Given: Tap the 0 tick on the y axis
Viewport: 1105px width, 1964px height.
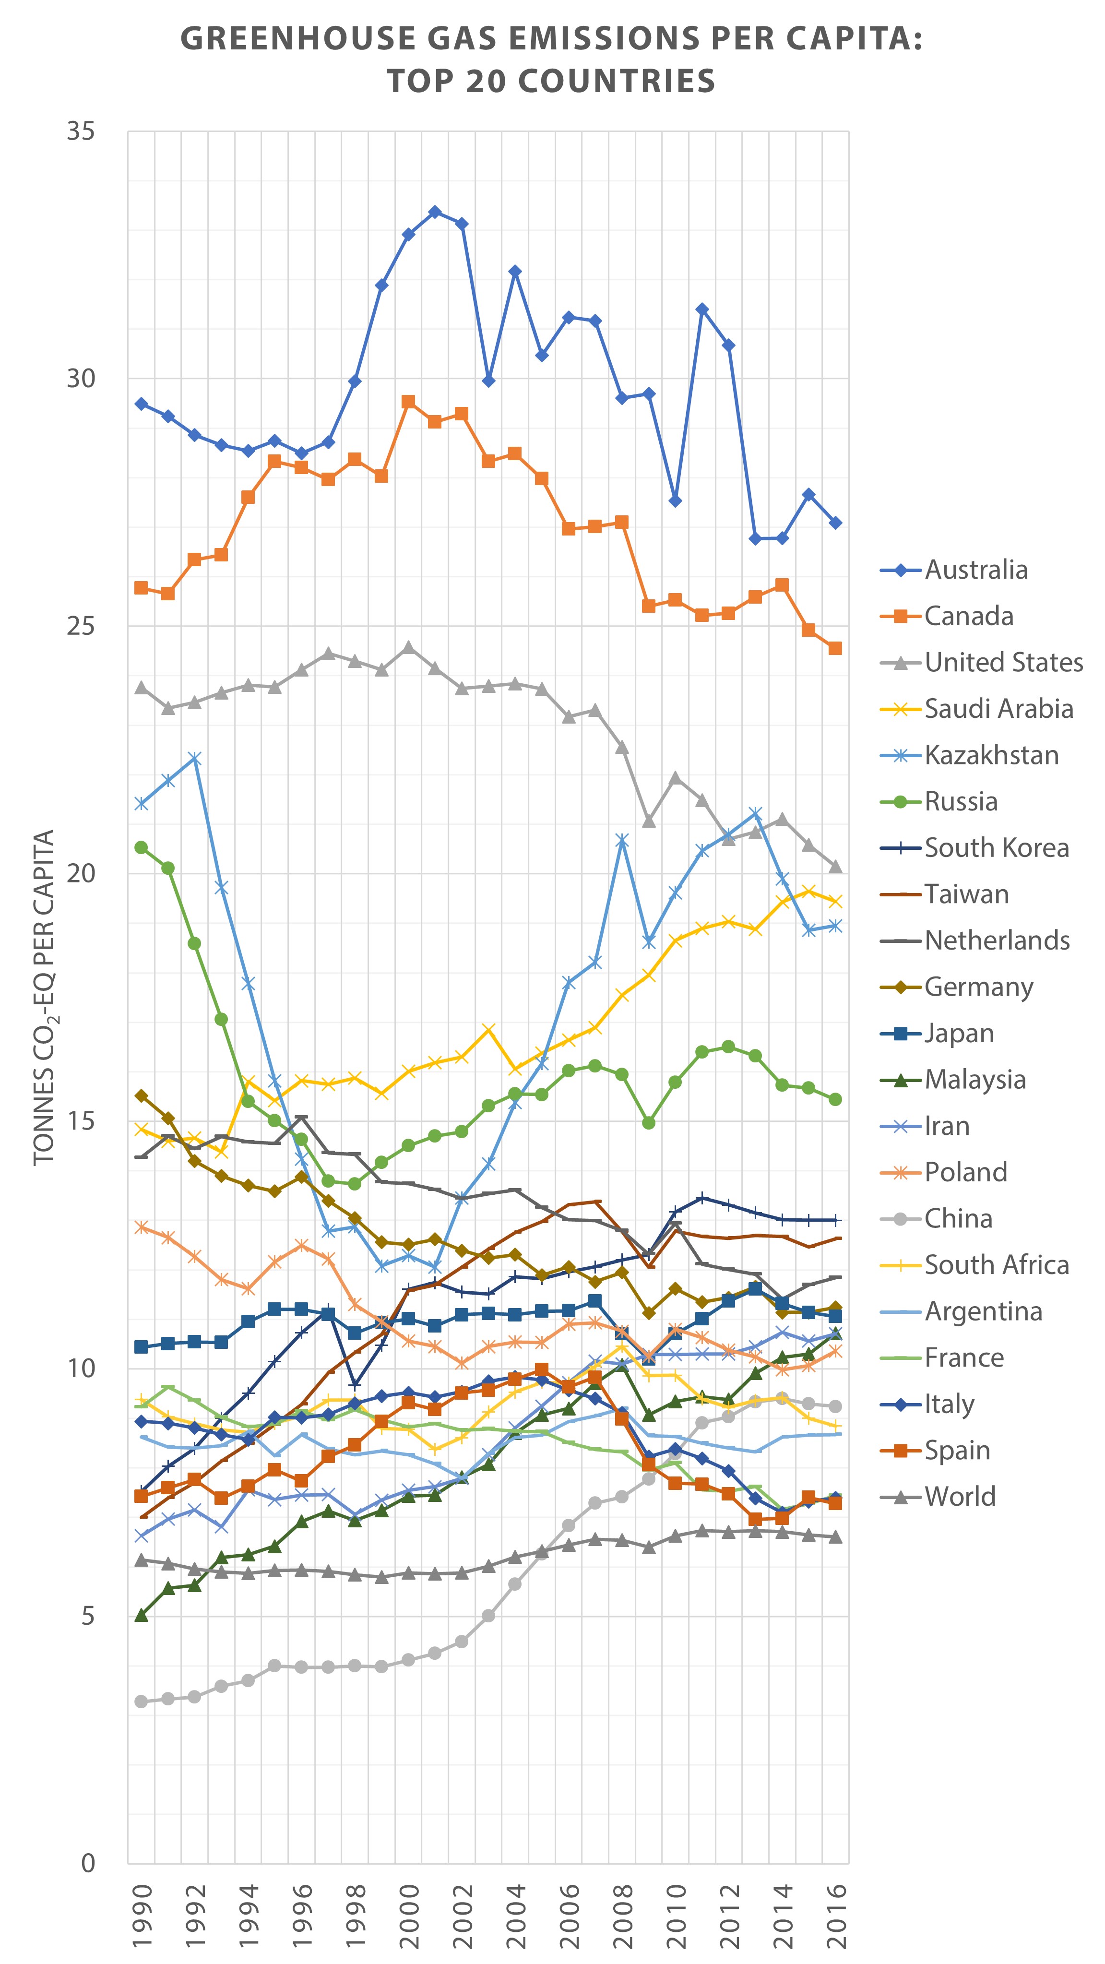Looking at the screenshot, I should (x=88, y=1863).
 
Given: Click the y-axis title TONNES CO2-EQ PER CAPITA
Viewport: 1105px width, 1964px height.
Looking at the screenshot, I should (x=44, y=998).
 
